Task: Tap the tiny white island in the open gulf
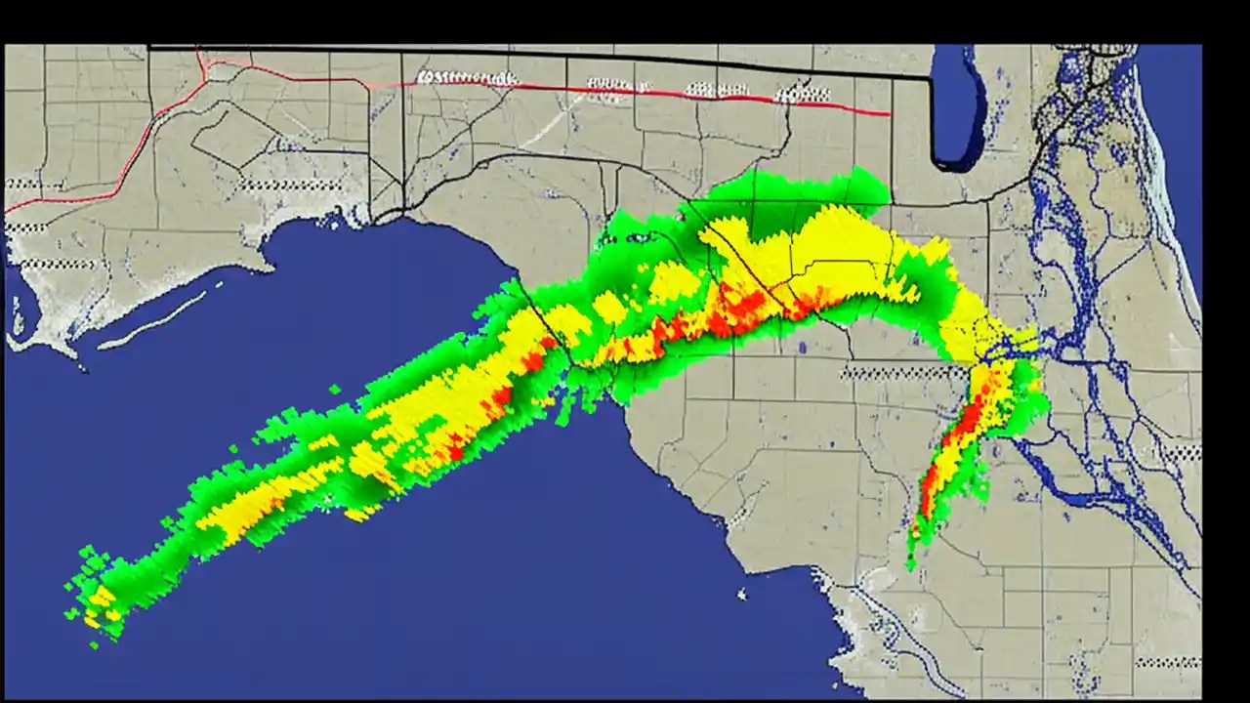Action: (742, 593)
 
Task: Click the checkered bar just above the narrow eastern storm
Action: (903, 372)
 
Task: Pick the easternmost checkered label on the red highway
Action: (802, 95)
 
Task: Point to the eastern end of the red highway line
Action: (887, 114)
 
